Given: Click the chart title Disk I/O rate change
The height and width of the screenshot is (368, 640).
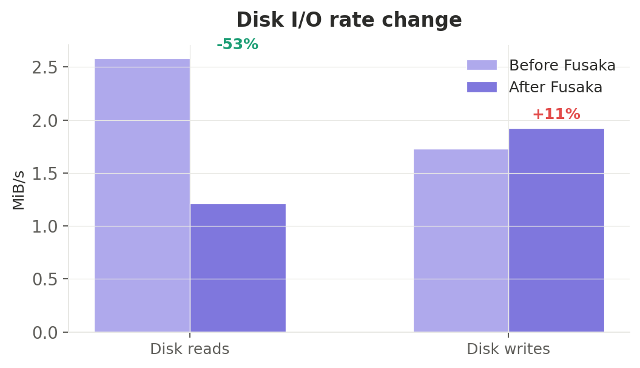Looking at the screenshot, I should tap(349, 20).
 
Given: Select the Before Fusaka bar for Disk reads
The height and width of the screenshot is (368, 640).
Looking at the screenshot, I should tap(142, 195).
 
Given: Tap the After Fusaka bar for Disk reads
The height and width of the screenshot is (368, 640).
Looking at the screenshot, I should tap(238, 268).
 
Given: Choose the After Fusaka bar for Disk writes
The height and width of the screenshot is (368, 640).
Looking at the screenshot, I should tap(556, 230).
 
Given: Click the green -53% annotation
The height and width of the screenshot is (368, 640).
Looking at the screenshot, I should tap(237, 44).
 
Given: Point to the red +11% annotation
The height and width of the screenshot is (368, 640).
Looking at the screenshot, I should tap(556, 114).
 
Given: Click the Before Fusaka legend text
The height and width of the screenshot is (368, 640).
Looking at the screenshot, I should tap(562, 66).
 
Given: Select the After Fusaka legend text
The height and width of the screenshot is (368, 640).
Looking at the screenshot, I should tap(555, 87).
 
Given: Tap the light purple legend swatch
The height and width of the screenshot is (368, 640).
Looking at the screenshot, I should tap(482, 65).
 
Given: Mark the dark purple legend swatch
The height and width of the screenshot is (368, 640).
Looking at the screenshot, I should tap(482, 87).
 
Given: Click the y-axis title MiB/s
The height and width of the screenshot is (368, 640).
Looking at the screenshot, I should tap(19, 190).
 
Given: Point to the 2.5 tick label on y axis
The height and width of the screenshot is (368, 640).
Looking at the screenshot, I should tap(44, 67).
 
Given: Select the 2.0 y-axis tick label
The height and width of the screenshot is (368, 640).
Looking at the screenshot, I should tap(44, 120).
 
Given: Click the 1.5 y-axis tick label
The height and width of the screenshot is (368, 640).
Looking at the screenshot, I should tap(44, 173).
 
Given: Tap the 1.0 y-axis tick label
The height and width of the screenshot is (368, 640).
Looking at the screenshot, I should tap(44, 227).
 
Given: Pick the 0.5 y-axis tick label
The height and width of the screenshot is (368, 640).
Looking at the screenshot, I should tap(44, 279).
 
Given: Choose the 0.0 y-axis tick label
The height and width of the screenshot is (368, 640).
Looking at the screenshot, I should tap(44, 333).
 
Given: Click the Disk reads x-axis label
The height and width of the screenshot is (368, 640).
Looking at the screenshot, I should tap(189, 349).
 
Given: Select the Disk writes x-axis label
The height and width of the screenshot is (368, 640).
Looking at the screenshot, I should tap(508, 349).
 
